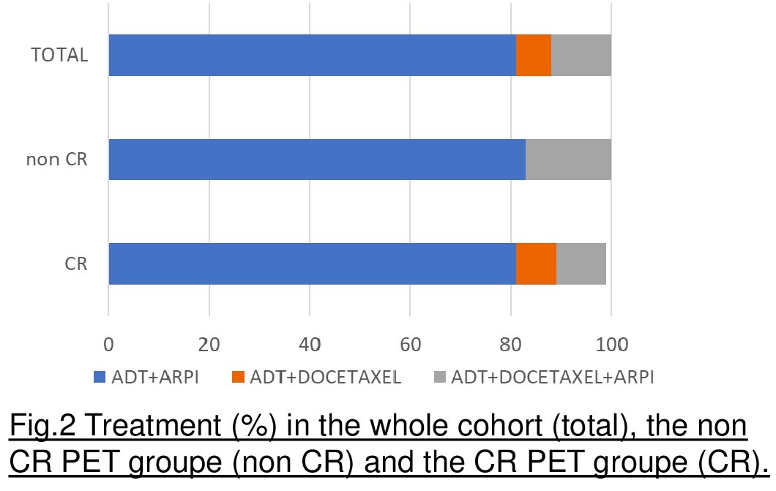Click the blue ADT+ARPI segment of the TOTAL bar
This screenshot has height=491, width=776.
pos(313,55)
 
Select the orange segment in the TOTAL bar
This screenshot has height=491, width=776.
pos(534,55)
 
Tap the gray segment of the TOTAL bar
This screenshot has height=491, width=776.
pos(581,55)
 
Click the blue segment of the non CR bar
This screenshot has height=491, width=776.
pos(317,160)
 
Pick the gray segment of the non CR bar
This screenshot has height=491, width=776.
pos(568,160)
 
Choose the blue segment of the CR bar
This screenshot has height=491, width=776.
pos(313,263)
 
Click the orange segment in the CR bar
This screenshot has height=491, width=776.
pos(536,263)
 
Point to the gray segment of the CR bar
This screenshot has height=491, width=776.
pos(581,263)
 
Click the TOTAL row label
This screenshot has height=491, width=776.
pos(59,55)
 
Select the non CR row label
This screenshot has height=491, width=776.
pos(57,160)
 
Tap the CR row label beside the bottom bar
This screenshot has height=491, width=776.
pos(76,263)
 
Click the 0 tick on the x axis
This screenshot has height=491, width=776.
pos(108,344)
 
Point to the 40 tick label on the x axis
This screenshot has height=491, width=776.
pos(310,344)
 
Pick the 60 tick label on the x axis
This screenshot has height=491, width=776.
pos(410,344)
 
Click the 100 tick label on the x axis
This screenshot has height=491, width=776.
pos(612,344)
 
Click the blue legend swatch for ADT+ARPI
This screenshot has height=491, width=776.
pos(100,377)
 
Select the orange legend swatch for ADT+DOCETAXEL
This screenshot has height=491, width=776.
pos(238,377)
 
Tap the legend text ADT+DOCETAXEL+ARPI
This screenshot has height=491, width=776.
pos(553,377)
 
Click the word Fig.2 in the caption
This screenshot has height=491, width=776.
pos(42,425)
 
